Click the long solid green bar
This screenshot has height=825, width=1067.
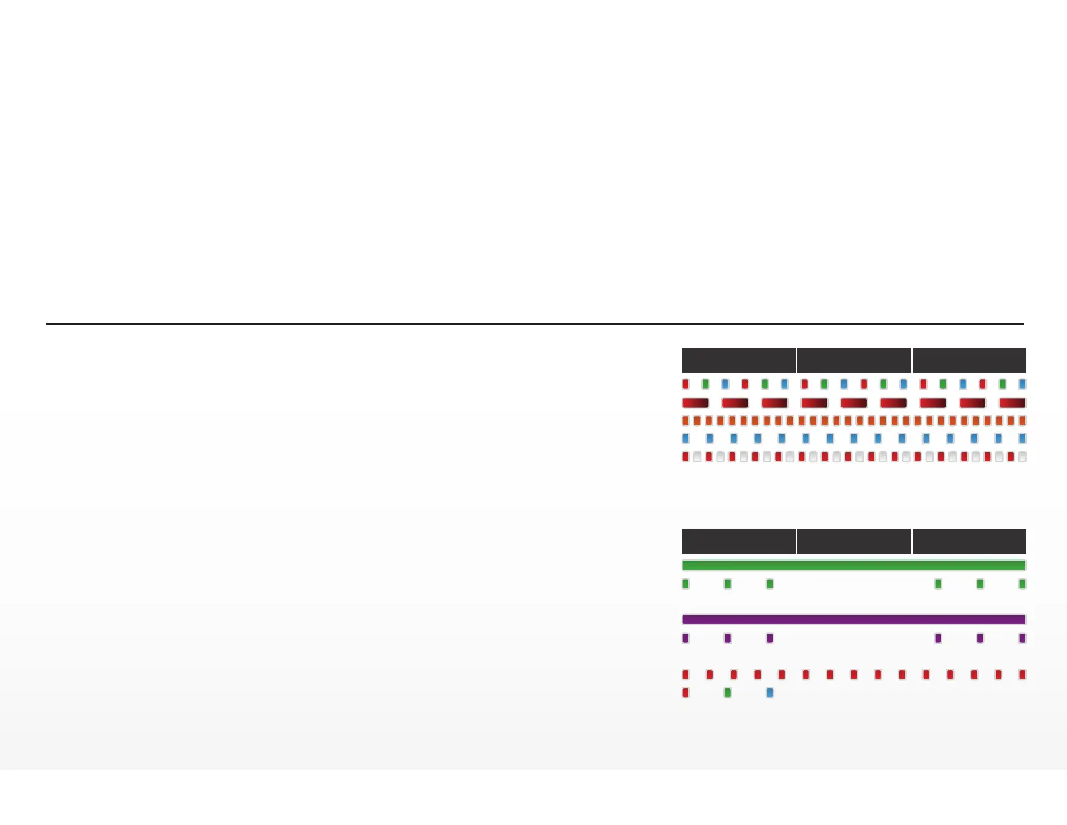pos(853,566)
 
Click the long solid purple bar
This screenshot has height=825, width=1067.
pos(853,619)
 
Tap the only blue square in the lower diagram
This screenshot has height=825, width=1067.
pos(770,692)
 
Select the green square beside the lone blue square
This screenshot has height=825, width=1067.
pos(727,692)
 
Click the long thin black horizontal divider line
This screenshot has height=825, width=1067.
pos(534,324)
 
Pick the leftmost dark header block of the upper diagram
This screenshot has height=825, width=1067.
pos(738,360)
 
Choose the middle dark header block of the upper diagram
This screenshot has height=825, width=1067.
pos(853,360)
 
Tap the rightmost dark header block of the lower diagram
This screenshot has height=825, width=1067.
pos(969,541)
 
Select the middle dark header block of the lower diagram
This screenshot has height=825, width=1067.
pos(853,541)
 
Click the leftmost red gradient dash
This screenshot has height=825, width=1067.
pos(695,403)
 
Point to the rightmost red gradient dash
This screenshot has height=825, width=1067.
pos(1012,403)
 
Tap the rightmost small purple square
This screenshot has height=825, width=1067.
pos(1023,638)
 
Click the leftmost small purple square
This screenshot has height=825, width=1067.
pos(686,638)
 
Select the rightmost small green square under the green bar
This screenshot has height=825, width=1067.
pos(1023,584)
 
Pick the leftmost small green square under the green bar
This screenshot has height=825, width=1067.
pos(686,584)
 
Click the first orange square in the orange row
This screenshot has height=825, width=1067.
pos(686,421)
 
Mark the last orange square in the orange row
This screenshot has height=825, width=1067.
pos(1023,421)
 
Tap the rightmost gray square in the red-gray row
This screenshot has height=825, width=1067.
pos(1023,456)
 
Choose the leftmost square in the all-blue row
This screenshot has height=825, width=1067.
pos(686,438)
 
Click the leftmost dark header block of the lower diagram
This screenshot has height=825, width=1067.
pos(738,541)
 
